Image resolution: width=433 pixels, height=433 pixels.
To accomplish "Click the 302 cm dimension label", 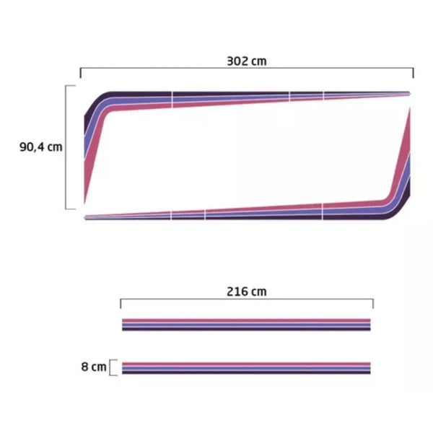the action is click(x=247, y=61).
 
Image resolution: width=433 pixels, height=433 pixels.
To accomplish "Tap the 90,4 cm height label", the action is click(x=41, y=147).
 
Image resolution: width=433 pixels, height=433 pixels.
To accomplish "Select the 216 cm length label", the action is click(x=247, y=292).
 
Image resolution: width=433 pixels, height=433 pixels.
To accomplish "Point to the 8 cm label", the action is click(x=94, y=367).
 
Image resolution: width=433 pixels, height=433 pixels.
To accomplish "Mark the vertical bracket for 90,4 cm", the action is click(x=66, y=147).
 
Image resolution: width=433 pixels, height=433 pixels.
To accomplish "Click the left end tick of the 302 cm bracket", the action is click(x=80, y=73).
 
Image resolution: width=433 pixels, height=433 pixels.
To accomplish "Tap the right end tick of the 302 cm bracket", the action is click(x=413, y=73).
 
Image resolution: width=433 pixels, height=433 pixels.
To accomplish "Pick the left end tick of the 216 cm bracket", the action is click(x=121, y=304).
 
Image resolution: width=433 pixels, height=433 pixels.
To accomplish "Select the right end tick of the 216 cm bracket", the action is click(x=373, y=304).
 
